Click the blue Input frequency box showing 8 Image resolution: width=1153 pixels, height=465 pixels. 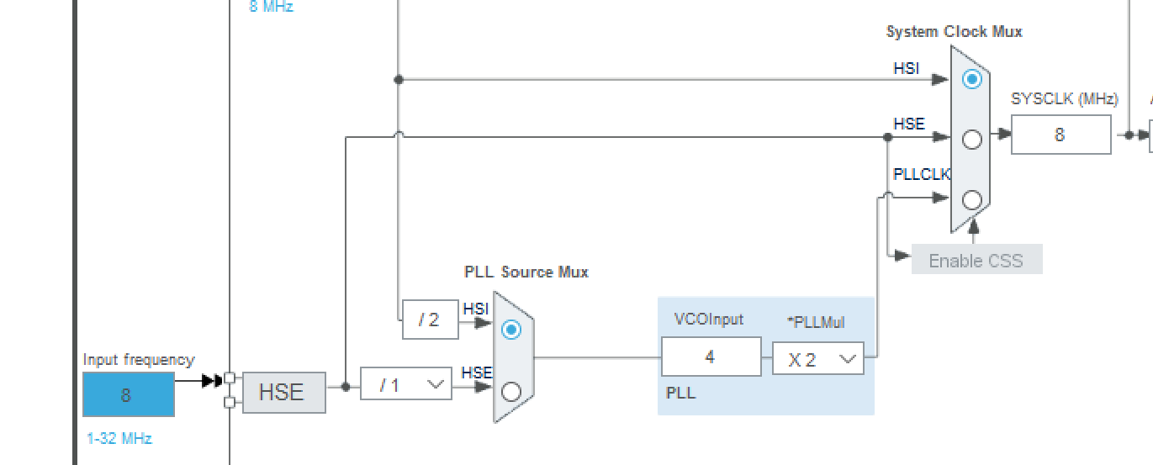(128, 394)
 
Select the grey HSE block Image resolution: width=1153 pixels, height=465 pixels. (283, 392)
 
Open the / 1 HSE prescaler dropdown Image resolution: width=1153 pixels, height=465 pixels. (405, 384)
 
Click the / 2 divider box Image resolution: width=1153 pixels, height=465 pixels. (430, 320)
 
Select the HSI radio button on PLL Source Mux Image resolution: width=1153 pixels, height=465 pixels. (510, 330)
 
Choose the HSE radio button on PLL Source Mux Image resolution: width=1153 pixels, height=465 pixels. (510, 392)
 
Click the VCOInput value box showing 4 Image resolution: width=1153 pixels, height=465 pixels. (711, 357)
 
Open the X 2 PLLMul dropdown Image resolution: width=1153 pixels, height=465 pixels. (817, 359)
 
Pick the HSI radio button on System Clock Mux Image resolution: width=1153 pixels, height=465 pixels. (971, 79)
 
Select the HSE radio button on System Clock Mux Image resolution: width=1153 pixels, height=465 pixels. (971, 140)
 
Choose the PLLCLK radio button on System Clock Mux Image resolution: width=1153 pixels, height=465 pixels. (971, 200)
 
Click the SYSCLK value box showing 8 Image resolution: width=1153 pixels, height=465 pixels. (1060, 135)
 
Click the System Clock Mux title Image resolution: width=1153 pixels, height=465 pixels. (954, 32)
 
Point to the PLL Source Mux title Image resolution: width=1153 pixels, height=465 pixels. (526, 272)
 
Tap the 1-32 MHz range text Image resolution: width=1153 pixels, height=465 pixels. (119, 438)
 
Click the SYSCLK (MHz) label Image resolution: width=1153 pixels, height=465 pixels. (1064, 99)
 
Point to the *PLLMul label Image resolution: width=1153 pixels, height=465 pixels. (815, 322)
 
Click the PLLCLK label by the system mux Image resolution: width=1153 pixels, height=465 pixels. (921, 175)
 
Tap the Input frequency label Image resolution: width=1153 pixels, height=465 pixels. (138, 360)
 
